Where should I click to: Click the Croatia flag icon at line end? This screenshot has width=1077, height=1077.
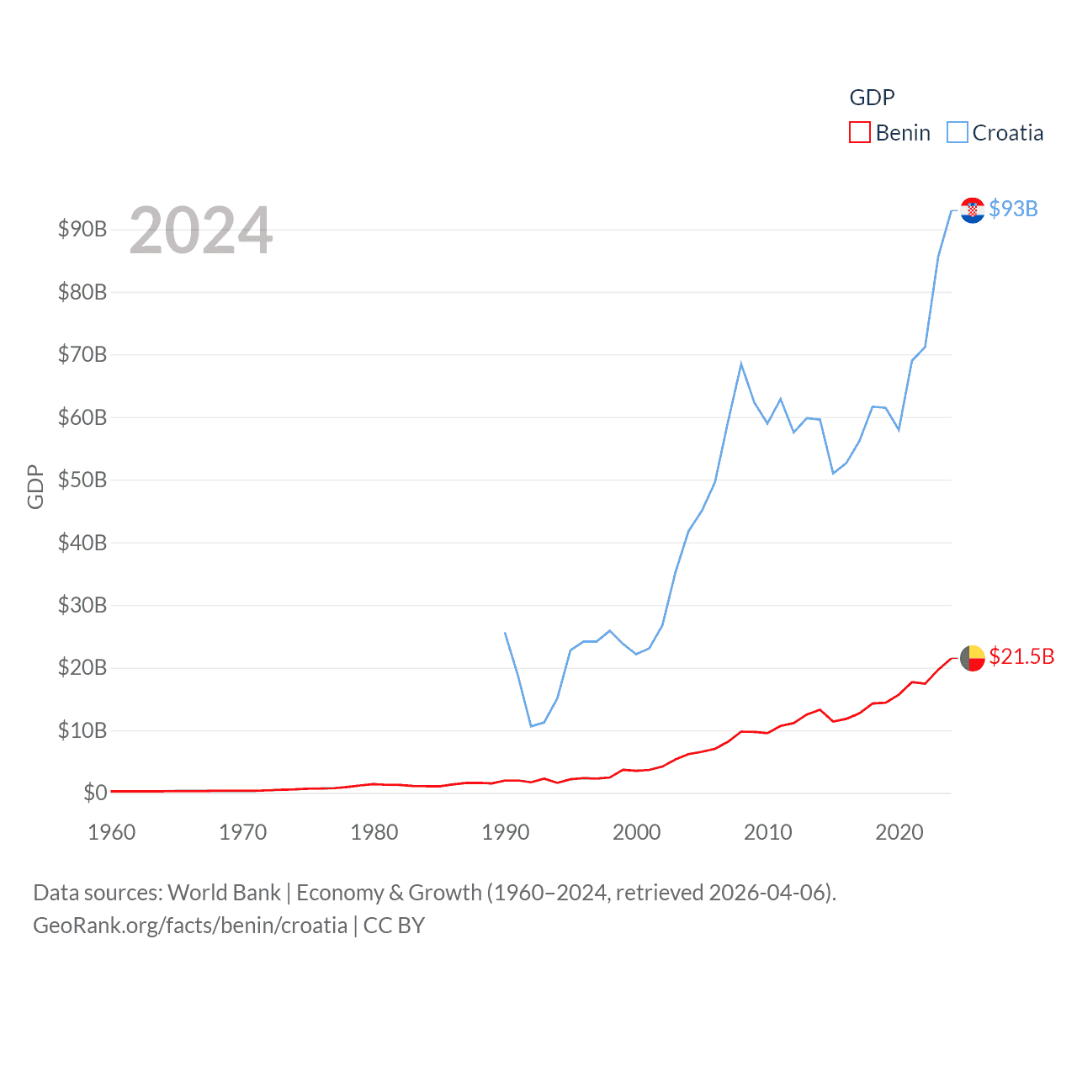tap(972, 210)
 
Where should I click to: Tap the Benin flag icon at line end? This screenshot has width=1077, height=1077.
tap(972, 658)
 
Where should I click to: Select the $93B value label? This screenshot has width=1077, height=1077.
tap(1013, 209)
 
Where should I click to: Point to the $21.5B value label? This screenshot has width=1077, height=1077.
tap(1021, 656)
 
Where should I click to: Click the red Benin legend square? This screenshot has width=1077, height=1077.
tap(859, 133)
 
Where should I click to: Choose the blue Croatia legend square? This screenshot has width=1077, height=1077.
tap(957, 133)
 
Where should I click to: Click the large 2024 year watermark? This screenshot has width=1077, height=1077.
tap(200, 231)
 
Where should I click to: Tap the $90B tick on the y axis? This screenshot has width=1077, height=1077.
tap(82, 229)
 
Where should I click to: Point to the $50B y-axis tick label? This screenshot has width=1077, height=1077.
tap(82, 480)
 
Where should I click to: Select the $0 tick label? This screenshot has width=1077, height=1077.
tap(95, 793)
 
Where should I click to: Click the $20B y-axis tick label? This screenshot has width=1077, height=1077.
tap(82, 668)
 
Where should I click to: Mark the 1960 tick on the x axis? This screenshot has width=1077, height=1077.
tap(112, 832)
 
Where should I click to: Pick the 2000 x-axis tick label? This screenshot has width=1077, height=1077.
tap(637, 832)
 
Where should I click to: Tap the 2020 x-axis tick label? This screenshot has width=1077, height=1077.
tap(899, 832)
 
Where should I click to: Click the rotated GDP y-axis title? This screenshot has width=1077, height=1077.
tap(35, 486)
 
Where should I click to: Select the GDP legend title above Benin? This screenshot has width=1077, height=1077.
tap(872, 98)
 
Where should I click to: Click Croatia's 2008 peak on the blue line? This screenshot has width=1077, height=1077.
tap(741, 363)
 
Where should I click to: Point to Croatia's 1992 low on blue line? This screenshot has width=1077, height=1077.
tap(531, 725)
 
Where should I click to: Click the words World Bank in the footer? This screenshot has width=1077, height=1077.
tap(224, 892)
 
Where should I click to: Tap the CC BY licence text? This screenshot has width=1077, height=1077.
tap(394, 926)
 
